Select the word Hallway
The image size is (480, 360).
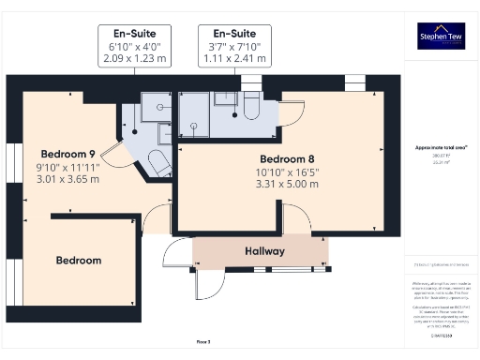coord(264,251)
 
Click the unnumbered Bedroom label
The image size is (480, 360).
coord(78,260)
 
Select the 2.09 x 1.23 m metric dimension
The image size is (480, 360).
coord(136,59)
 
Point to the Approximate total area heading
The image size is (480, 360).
coord(440,147)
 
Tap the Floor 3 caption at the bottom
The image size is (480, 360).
coord(203,342)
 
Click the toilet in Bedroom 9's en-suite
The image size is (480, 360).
coord(157,166)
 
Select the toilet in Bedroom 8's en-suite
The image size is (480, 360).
coord(250,110)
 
